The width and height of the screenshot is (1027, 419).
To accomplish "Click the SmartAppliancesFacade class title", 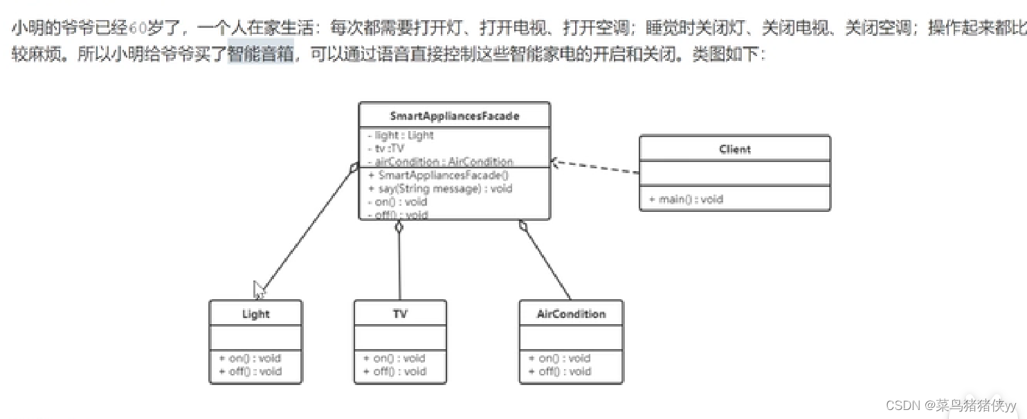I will coord(454,116).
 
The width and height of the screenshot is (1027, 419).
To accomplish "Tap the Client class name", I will coord(734,149).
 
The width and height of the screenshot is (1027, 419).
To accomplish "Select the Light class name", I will coord(255,314).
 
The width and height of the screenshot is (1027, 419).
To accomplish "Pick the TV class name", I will coord(400,314).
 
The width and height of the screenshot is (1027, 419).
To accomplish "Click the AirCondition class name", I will coord(571,314).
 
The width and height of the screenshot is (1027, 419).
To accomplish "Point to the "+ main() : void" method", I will coord(686,199).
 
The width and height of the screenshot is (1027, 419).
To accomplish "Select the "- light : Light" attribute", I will coord(401,136).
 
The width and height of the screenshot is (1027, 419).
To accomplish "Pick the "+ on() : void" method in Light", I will coord(251,358).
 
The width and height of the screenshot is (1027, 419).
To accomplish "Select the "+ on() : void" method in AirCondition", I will coord(560,358).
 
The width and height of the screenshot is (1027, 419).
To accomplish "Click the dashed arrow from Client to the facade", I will coord(595,168).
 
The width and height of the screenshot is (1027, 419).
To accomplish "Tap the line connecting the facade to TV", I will coord(400,263).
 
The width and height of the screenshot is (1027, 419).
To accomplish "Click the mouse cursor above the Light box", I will coord(259,289).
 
